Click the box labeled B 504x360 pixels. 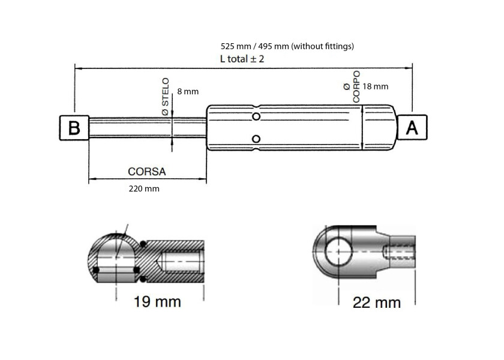[74, 128]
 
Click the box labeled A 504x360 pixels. [413, 128]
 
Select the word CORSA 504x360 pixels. [147, 171]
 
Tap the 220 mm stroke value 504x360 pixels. [145, 189]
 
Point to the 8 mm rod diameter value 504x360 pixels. [188, 92]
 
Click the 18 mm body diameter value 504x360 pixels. [376, 86]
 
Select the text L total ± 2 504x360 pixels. [242, 59]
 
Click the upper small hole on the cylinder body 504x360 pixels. [256, 116]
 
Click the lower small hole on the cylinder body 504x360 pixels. [256, 140]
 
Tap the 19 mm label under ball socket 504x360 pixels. [156, 302]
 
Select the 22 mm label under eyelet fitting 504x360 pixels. [377, 303]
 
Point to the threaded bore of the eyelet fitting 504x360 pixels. [400, 251]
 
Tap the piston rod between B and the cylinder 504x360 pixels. [147, 128]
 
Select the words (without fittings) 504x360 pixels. [323, 46]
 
